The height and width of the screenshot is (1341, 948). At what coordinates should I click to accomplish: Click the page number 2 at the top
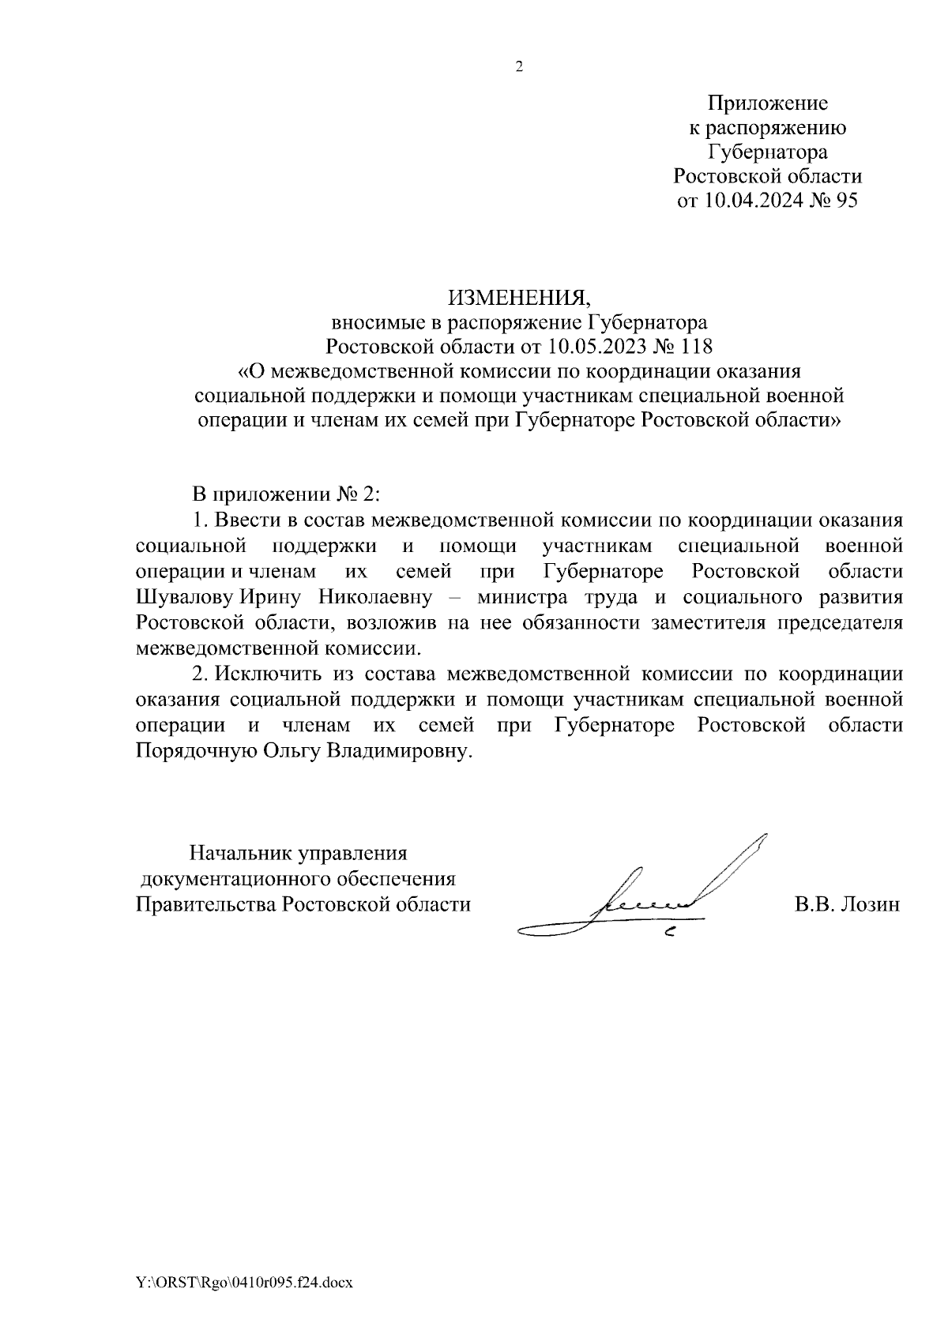coord(519,67)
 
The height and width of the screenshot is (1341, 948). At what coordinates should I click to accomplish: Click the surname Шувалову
coord(181,596)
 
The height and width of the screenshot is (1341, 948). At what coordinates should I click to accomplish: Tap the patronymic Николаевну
coord(374,596)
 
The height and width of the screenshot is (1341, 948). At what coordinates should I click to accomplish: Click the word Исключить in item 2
coord(269,674)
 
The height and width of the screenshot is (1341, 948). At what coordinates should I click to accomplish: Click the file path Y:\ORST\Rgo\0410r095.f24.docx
coord(243,1283)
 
